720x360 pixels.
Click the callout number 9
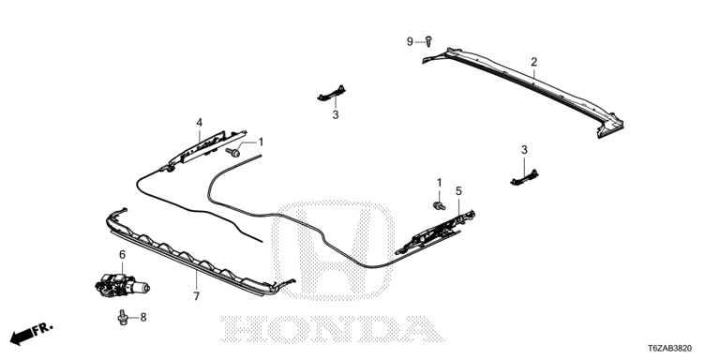(410, 42)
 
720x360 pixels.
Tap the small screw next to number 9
(428, 41)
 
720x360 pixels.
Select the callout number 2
(533, 62)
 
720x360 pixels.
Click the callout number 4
(200, 123)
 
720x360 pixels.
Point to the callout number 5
(458, 190)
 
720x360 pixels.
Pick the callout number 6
(122, 254)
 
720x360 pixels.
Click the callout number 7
(197, 296)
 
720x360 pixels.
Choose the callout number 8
(143, 317)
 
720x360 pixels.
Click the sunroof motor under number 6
(122, 285)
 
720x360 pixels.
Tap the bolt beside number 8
(123, 317)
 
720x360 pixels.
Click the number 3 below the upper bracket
(336, 115)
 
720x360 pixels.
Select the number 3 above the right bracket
(524, 150)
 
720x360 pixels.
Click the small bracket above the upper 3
(331, 92)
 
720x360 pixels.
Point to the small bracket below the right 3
(524, 178)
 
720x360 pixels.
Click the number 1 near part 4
(261, 142)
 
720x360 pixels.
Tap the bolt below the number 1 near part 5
(440, 205)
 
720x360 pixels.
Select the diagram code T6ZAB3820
(670, 349)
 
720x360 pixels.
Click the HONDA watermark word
(333, 329)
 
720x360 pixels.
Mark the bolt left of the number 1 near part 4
(233, 152)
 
